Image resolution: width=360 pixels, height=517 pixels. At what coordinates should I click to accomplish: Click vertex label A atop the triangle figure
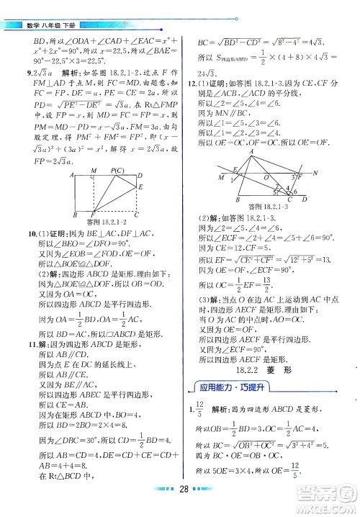click(x=251, y=153)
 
